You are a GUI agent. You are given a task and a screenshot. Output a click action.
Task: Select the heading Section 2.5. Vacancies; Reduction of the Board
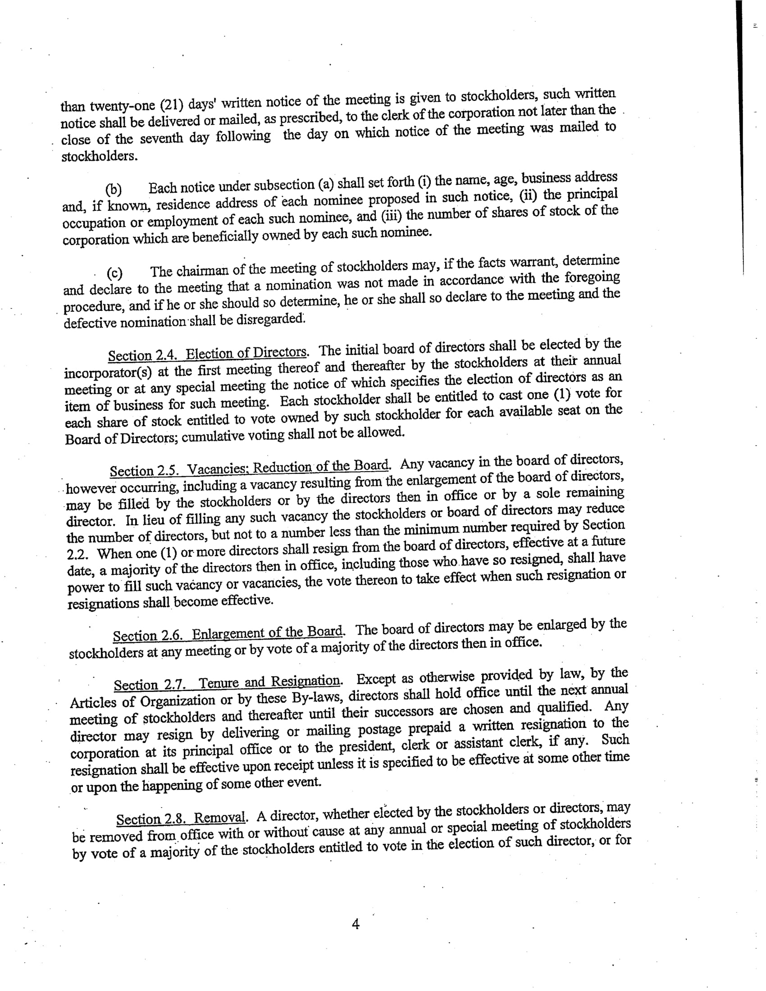[250, 468]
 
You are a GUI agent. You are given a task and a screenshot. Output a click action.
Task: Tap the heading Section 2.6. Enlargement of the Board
[228, 632]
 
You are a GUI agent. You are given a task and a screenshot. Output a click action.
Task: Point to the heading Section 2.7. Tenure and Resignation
[227, 683]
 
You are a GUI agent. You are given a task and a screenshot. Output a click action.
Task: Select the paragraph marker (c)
[114, 273]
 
